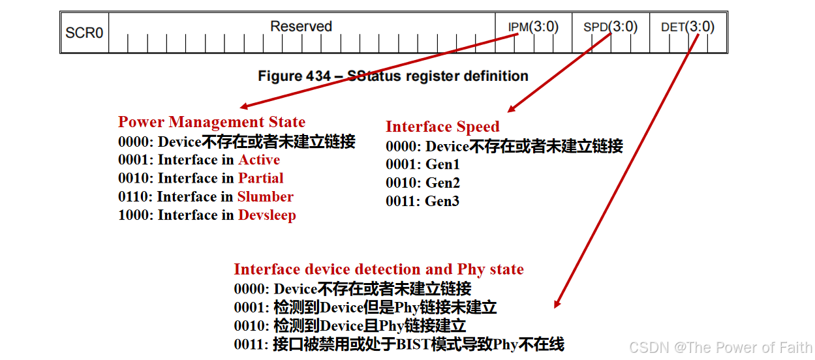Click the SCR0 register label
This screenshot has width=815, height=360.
84,32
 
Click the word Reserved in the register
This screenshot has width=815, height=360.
301,26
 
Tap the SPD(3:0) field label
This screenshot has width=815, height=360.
610,27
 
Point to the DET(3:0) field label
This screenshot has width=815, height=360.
688,27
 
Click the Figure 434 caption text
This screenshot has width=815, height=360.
393,76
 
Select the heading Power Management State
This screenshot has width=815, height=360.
211,122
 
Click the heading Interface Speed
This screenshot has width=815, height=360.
442,127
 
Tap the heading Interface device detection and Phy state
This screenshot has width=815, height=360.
378,269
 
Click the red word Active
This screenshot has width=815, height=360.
259,160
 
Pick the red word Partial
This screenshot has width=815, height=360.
260,178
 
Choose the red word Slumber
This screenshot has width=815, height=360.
265,196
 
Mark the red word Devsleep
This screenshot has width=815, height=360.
267,215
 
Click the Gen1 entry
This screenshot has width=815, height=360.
442,164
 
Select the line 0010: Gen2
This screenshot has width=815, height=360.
422,183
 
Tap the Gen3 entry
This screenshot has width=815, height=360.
442,201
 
